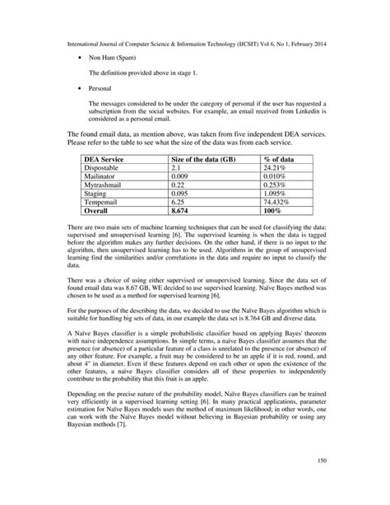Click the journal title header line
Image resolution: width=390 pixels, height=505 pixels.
click(x=195, y=38)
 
